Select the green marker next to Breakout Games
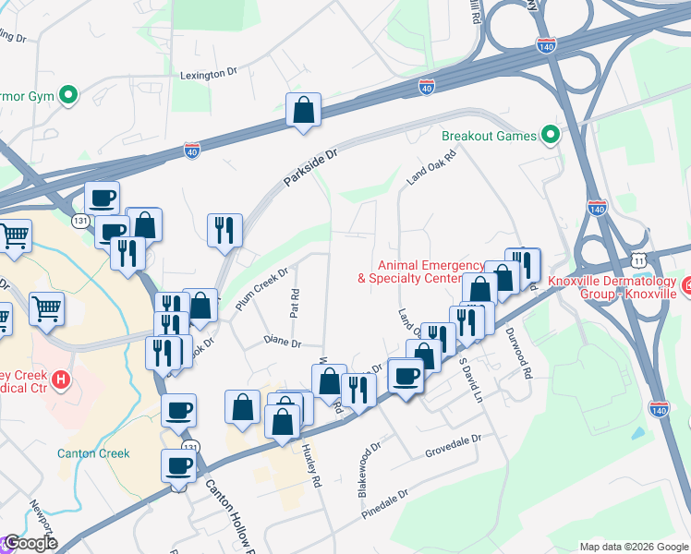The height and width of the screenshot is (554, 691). click(552, 136)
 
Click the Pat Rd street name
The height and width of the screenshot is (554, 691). click(295, 302)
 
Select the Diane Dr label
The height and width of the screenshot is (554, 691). click(283, 343)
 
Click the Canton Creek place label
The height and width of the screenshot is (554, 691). click(93, 453)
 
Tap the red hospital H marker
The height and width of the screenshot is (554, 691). click(61, 379)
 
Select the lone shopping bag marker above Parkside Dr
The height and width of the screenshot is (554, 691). click(303, 111)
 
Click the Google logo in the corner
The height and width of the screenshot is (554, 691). click(30, 543)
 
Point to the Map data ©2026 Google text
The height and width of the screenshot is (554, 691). click(633, 547)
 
